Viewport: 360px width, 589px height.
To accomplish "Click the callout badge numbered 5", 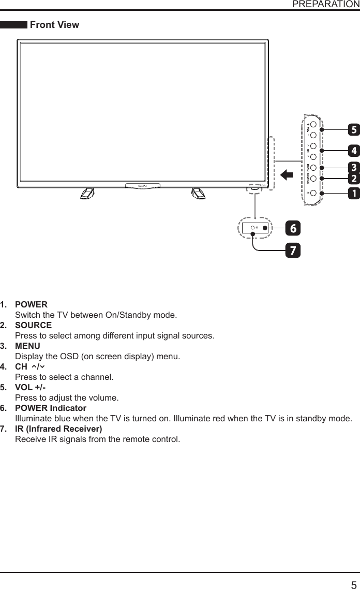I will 354,129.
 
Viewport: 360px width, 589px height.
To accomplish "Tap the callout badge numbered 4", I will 354,151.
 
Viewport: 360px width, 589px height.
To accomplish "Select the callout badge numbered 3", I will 354,168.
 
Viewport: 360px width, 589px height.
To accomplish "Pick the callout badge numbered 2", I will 354,179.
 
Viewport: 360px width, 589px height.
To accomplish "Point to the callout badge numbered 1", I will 354,193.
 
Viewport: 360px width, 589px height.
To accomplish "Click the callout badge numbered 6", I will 293,228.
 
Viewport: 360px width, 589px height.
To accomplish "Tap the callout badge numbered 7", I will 293,251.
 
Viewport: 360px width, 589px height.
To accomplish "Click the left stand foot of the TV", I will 87,193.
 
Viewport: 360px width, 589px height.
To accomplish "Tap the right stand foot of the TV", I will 198,193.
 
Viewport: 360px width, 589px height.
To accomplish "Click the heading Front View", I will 55,25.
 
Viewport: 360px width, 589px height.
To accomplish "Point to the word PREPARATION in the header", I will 326,4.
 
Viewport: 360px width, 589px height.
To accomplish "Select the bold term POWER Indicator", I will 51,408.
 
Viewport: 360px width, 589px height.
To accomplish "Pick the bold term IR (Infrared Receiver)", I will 58,429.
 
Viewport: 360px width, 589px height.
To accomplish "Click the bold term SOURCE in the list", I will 33,325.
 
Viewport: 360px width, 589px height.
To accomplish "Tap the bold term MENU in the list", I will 27,346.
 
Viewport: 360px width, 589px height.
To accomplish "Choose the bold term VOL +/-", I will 30,387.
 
